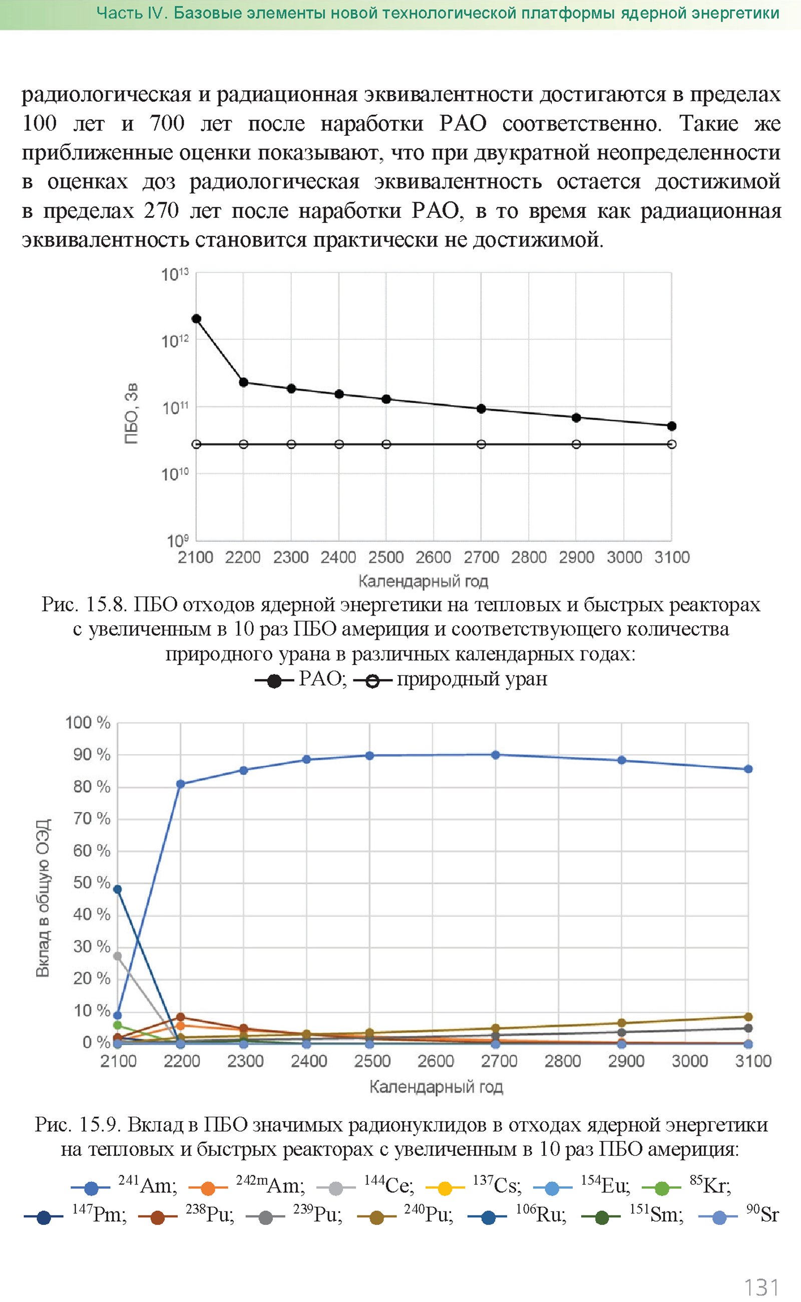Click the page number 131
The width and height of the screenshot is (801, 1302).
coord(761,1286)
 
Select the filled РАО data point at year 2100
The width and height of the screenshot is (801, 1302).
coord(196,318)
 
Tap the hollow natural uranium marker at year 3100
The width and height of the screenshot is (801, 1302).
coord(671,444)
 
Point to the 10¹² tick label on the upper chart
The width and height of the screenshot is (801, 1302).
coord(174,341)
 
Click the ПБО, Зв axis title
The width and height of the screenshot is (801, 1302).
coord(131,413)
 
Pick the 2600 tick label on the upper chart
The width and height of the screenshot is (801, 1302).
coord(434,557)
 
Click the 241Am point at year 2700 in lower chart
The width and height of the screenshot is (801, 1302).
coord(495,755)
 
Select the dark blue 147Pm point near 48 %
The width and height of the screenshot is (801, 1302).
coord(118,889)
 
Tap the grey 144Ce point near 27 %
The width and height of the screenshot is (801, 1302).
coord(118,956)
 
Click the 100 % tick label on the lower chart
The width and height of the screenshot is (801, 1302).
coord(88,723)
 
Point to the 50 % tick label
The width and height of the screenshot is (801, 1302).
coord(92,882)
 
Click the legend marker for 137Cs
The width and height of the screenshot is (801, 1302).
coord(445,1189)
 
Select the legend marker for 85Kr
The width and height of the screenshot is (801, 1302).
coord(662,1189)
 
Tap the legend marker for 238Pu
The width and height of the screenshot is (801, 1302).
coord(157,1217)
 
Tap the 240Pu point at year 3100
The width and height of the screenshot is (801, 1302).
coord(748,1017)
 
